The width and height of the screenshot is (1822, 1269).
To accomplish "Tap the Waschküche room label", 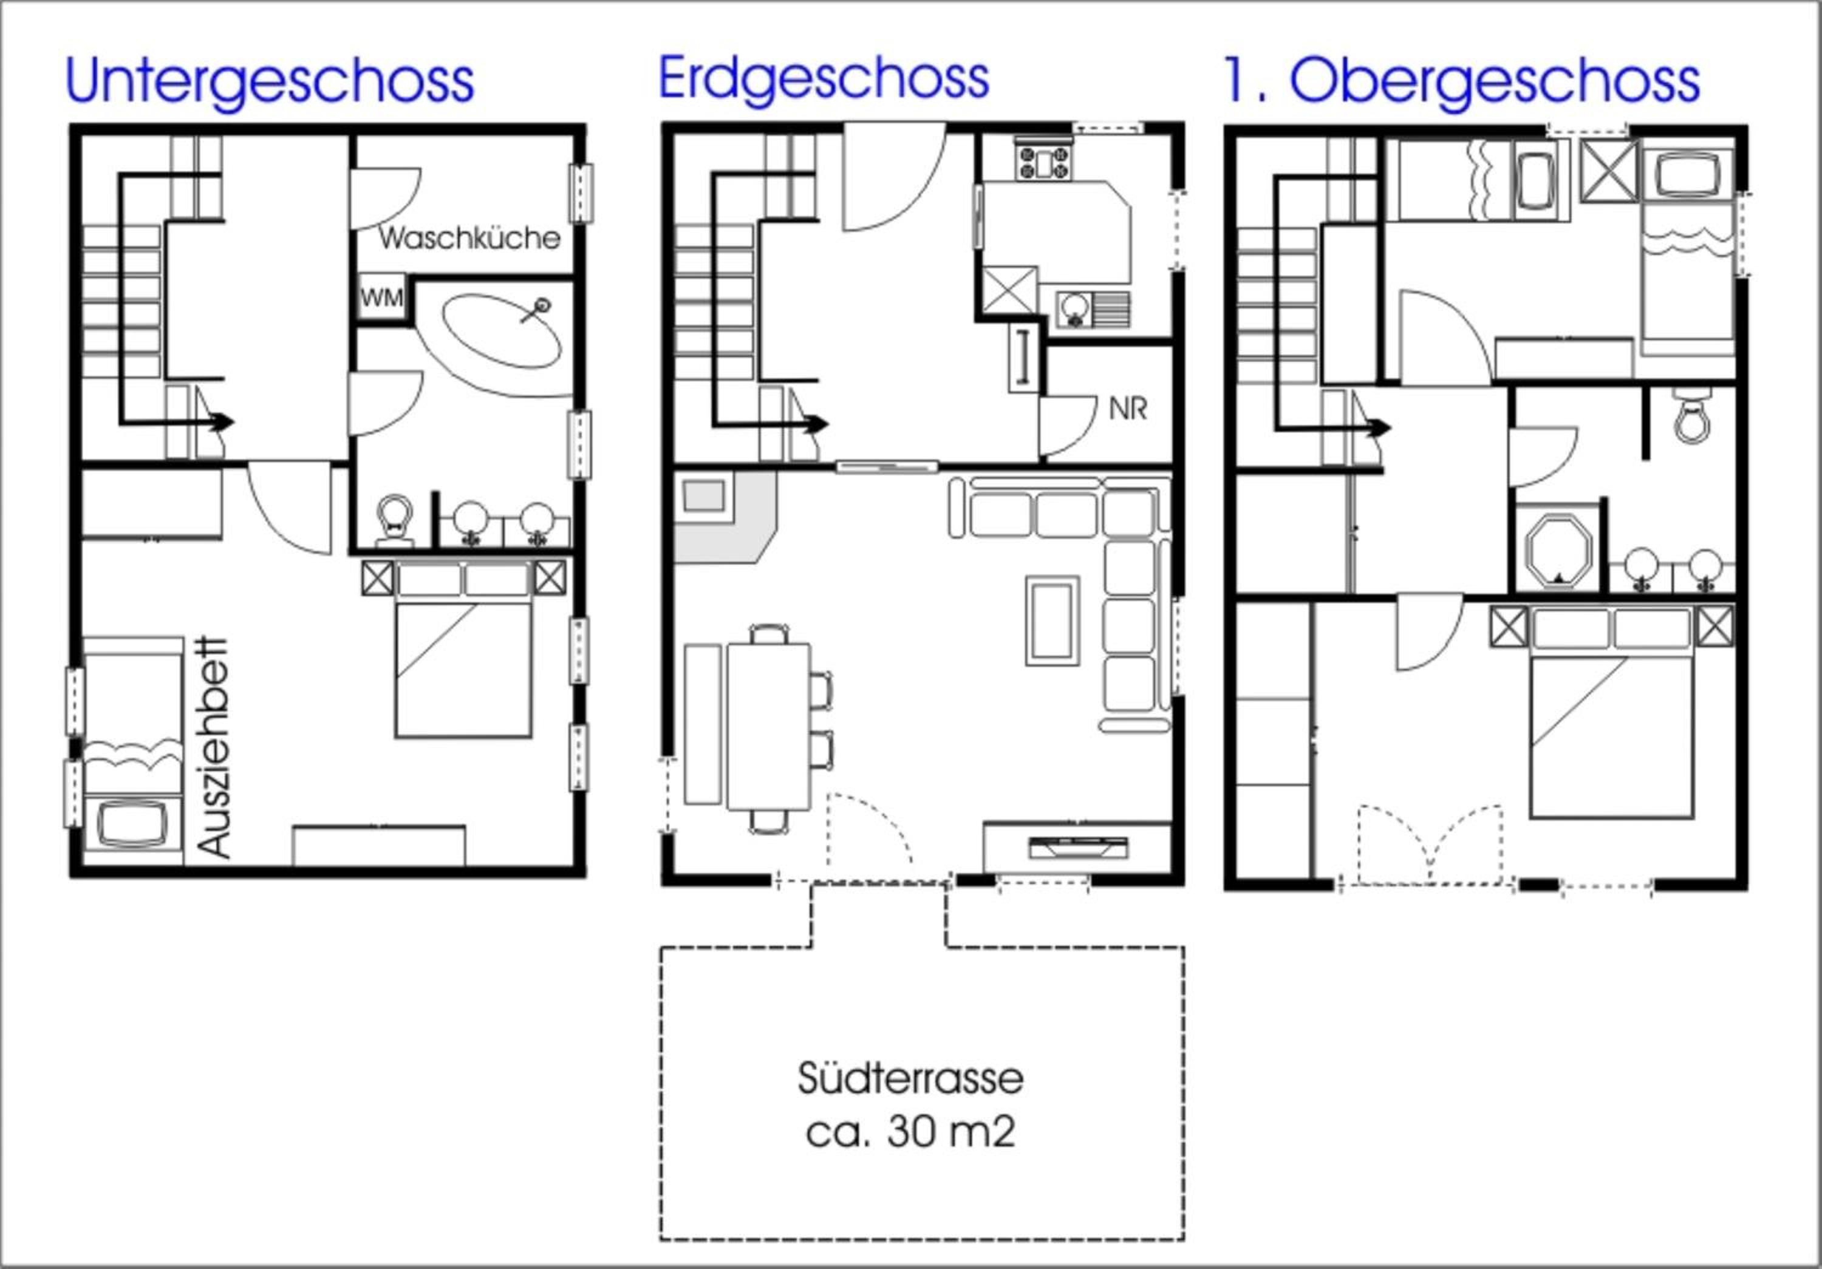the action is pos(469,238).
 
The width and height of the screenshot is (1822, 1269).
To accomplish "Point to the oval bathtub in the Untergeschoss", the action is pos(502,332).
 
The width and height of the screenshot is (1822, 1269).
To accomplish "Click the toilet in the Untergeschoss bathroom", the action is pos(394,520).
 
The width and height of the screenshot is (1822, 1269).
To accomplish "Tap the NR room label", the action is pos(1128,409).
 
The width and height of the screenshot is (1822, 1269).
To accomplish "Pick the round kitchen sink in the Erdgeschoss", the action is pos(1074,309).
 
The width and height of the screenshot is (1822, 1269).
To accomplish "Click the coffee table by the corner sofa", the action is pos(1053,620).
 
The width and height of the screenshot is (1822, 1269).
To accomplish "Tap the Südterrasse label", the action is pos(910,1078).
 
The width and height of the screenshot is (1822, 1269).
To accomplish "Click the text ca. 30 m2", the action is pos(910,1132).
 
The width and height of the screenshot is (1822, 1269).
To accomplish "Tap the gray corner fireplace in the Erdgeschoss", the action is pos(724,515).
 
